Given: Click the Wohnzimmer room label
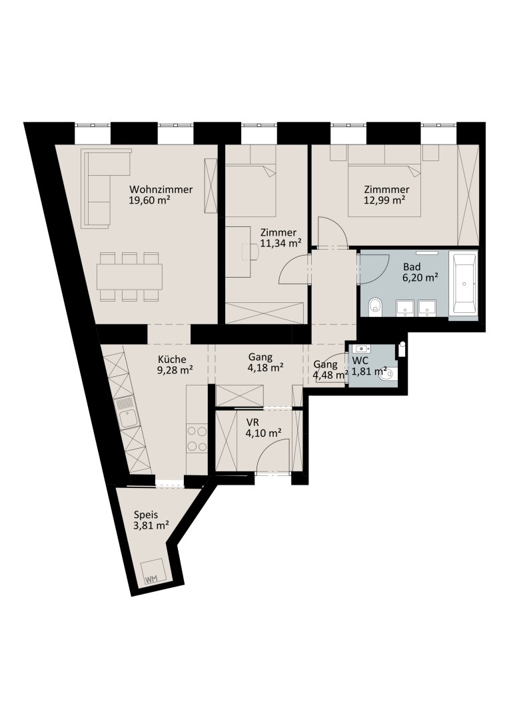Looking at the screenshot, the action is pos(161,189).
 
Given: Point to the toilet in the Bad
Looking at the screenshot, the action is pos(376,306).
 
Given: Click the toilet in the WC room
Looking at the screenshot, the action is pos(387,374).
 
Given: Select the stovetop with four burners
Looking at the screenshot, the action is pos(197,439).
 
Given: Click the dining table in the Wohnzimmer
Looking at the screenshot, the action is pos(129,276).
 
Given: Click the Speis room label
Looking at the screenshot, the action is pos(146,515).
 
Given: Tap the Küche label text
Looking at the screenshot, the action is pos(172,359).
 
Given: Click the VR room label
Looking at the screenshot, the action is pos(253,422).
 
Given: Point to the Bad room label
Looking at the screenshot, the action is pos(412,267).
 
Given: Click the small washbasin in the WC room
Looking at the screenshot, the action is pos(360,350).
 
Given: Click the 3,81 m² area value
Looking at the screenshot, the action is pos(151,525).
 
